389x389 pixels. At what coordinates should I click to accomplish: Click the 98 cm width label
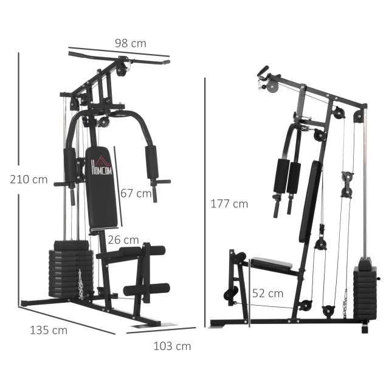pos(131,43)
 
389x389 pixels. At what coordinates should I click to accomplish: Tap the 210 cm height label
pos(29,179)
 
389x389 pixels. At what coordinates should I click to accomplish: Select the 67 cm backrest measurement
pos(136,193)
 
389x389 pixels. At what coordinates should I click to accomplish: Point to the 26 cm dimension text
pos(123,240)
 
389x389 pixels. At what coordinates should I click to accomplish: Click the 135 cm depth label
pos(49,331)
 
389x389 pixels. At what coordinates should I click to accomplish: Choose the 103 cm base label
pos(172,346)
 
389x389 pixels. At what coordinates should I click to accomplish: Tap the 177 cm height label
pos(229,204)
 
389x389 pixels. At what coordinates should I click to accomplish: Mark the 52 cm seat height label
pos(268,293)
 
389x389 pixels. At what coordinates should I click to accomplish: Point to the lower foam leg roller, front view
pos(146,289)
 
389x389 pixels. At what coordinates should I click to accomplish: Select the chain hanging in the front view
pos(81,284)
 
